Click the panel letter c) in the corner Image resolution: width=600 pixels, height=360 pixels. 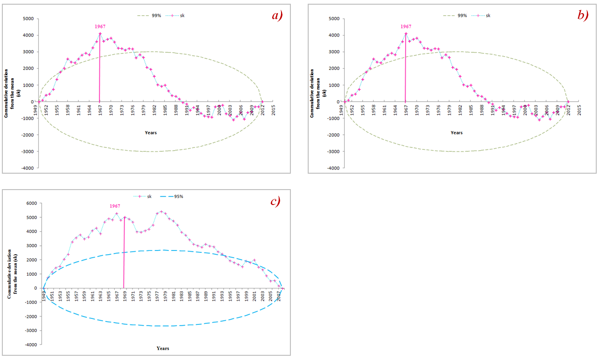pos(275,201)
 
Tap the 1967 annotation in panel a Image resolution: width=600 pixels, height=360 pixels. pos(100,27)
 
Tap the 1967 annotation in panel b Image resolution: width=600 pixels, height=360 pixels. pos(406,27)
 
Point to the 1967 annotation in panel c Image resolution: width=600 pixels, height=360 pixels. pos(115,206)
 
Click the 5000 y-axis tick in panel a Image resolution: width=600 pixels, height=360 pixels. pos(28,19)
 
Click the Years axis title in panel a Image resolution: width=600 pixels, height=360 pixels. pos(150,133)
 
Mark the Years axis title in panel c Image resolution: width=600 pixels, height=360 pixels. pos(163,348)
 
